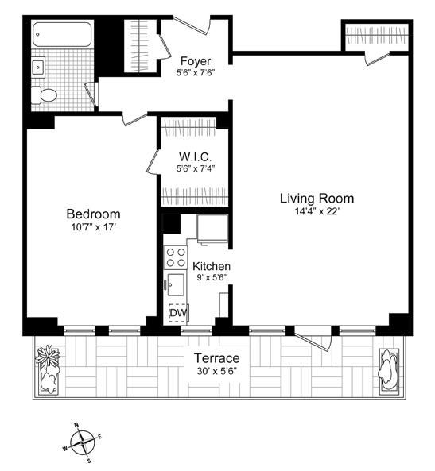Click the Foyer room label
point(196,61)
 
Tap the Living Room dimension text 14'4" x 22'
point(316,212)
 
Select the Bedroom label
point(93,214)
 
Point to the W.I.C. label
point(194,156)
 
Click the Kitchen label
point(211,266)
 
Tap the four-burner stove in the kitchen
point(175,257)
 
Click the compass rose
point(83,442)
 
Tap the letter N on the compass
point(76,425)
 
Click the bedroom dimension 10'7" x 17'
point(92,228)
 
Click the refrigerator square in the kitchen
point(212,229)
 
